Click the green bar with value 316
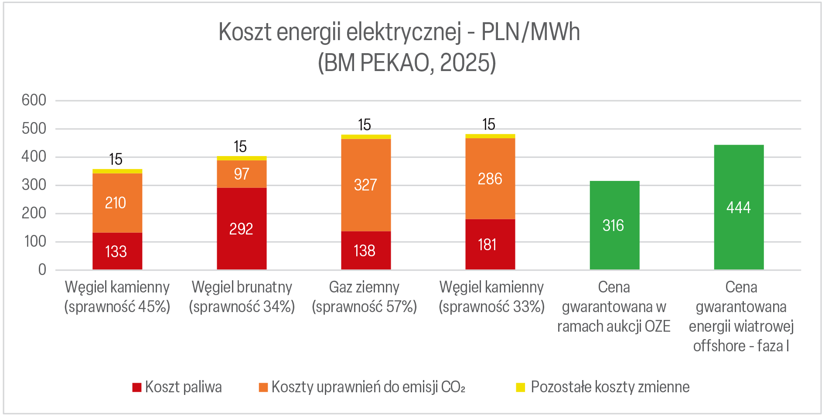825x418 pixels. [614, 225]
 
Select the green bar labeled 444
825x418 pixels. [739, 207]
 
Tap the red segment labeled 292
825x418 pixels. [242, 228]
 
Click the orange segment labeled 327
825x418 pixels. [366, 185]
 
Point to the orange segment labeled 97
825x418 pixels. [242, 174]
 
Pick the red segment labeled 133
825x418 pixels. [117, 251]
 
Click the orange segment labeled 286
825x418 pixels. [490, 179]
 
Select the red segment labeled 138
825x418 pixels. [366, 250]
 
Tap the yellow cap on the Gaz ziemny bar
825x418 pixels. [366, 137]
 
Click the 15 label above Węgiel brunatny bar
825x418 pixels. [240, 147]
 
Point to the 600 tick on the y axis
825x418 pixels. [34, 100]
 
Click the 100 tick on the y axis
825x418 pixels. [35, 241]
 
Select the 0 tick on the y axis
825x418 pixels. [42, 270]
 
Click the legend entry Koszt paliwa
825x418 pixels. [177, 387]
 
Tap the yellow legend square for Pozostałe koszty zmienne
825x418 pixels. [520, 387]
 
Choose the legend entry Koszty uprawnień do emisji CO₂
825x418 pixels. [362, 387]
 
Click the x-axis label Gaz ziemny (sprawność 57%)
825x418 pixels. [365, 297]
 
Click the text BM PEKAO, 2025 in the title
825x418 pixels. [407, 63]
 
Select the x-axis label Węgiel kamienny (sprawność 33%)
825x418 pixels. [491, 297]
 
